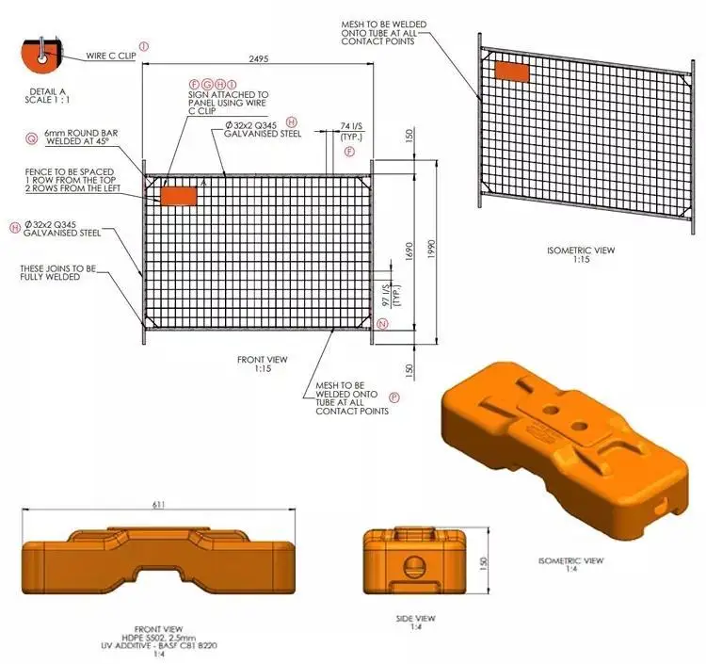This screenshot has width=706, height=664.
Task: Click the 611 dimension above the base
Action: [x=159, y=506]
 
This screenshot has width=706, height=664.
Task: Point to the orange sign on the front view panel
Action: [x=178, y=195]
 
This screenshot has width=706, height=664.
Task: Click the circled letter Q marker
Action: [x=32, y=138]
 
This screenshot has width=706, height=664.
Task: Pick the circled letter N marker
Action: [x=381, y=324]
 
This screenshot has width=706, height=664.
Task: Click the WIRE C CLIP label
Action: [x=111, y=56]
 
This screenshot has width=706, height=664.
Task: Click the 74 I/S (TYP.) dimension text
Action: [x=351, y=132]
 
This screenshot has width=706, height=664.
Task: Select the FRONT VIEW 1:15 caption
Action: [x=263, y=364]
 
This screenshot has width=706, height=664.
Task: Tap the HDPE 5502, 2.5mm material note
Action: [x=159, y=636]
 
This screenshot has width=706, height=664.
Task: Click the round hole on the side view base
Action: [x=413, y=565]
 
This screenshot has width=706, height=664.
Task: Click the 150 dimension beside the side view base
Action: [x=483, y=561]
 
